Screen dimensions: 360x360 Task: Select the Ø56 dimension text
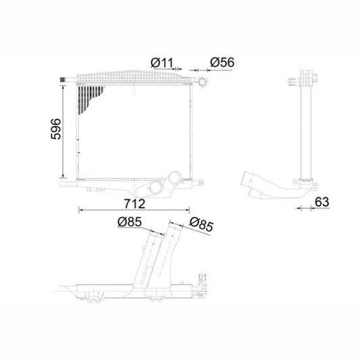point(222,63)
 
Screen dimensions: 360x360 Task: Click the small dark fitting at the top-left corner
point(66,82)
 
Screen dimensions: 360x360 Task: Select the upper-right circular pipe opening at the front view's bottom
point(174,179)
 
